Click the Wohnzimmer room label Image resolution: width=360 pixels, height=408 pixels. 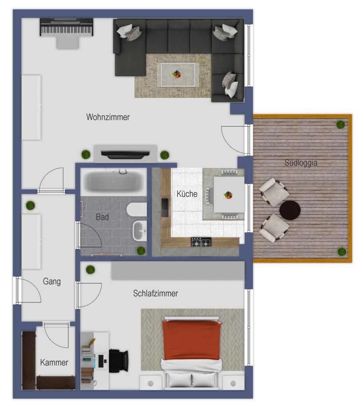(108, 117)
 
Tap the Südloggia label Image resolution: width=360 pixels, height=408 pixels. (301, 163)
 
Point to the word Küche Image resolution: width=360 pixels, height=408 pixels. (187, 194)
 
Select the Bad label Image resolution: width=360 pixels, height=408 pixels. (102, 217)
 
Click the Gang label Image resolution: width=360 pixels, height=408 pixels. (52, 281)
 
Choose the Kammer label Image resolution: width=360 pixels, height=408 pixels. (54, 362)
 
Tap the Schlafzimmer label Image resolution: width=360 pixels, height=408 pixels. (155, 293)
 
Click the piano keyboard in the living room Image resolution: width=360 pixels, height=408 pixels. (66, 27)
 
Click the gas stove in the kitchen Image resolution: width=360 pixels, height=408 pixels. (201, 242)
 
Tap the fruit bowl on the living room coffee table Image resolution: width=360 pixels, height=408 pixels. (177, 75)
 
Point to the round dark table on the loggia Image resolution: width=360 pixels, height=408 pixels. (290, 210)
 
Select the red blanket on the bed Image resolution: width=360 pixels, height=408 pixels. (192, 340)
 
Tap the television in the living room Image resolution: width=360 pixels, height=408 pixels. (125, 154)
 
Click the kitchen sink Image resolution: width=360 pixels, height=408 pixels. (165, 207)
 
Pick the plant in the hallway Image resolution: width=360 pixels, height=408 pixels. (30, 206)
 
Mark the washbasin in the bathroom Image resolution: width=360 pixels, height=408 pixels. (140, 231)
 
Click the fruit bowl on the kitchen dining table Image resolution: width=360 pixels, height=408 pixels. (228, 195)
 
